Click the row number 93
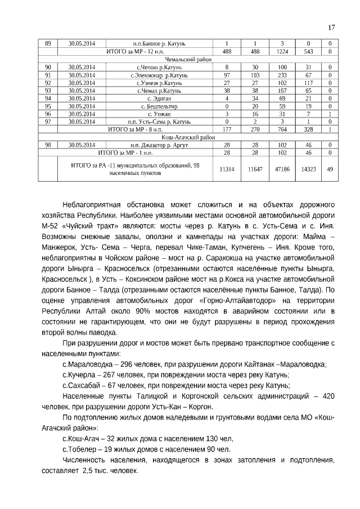[x=48, y=90]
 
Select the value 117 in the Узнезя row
[x=308, y=83]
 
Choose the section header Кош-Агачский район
[x=188, y=137]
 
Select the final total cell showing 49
[x=330, y=169]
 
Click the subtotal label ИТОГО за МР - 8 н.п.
[x=134, y=129]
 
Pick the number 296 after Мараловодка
[x=129, y=364]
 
